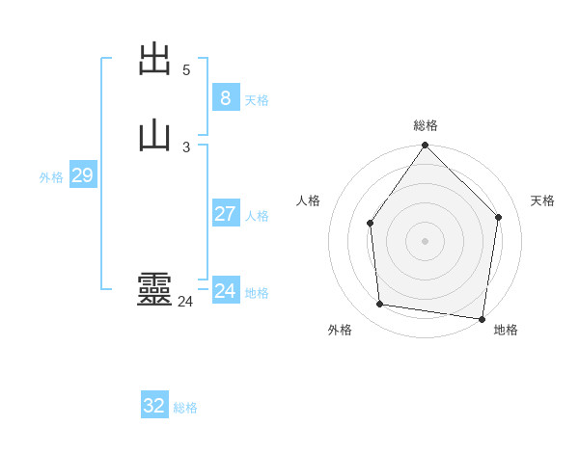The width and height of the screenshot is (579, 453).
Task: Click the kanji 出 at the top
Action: tap(155, 60)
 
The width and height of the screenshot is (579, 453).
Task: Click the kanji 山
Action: tap(155, 135)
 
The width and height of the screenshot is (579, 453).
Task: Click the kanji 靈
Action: tap(155, 290)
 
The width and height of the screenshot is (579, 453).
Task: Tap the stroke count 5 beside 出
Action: tap(186, 70)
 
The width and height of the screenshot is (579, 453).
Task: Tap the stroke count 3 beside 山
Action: tap(186, 147)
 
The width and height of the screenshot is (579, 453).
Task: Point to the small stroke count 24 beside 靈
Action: tap(185, 302)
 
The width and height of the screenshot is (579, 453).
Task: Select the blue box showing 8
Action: tap(225, 97)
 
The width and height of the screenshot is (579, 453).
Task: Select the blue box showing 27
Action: tap(225, 214)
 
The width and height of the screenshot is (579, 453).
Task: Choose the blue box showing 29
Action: tap(82, 175)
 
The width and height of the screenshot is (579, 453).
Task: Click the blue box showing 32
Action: tap(154, 406)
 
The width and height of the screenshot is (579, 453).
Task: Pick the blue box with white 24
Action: tap(225, 291)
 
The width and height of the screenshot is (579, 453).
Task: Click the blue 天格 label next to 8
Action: tap(257, 100)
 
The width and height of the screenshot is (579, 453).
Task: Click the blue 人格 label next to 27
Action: tap(257, 216)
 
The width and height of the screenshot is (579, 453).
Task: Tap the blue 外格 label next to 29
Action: tap(51, 177)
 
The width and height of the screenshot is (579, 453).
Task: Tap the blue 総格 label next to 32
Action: tap(185, 408)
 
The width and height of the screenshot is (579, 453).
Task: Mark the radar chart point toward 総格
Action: tap(425, 146)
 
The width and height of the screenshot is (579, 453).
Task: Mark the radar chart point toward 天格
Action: tap(499, 217)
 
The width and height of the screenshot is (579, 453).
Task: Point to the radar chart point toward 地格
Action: tap(482, 318)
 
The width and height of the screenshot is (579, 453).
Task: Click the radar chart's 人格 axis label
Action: tap(309, 200)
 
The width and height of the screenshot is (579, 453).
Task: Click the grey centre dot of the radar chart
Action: tap(425, 241)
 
